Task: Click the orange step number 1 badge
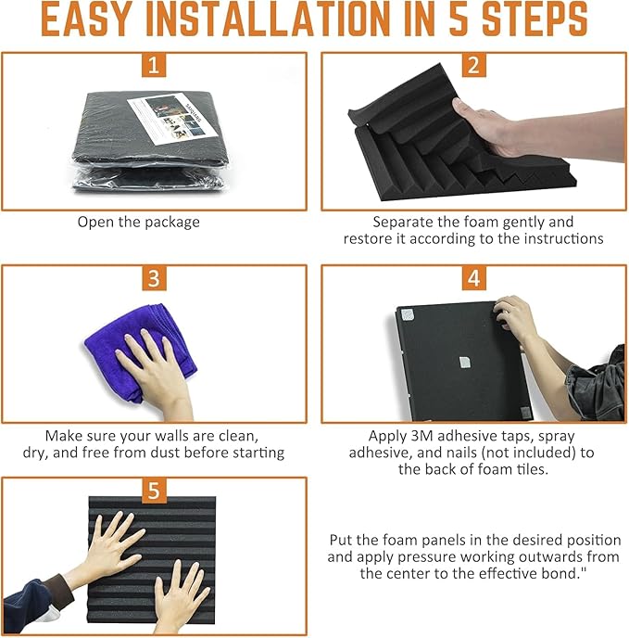pos(154,65)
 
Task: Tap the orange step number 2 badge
pos(474,65)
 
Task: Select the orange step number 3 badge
pos(154,278)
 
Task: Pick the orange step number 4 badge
pos(474,278)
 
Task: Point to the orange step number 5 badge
pos(154,491)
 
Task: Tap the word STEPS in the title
pos(535,19)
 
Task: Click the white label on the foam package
pos(173,119)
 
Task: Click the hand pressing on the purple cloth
pos(155,370)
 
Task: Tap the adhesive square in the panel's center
pos(465,363)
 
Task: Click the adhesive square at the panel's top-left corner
pos(407,314)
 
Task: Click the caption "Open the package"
pos(139,223)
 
